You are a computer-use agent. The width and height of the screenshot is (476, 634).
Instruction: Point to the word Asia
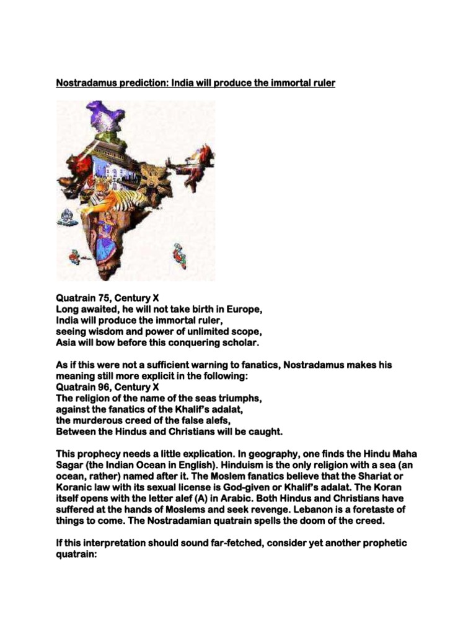pos(66,342)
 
